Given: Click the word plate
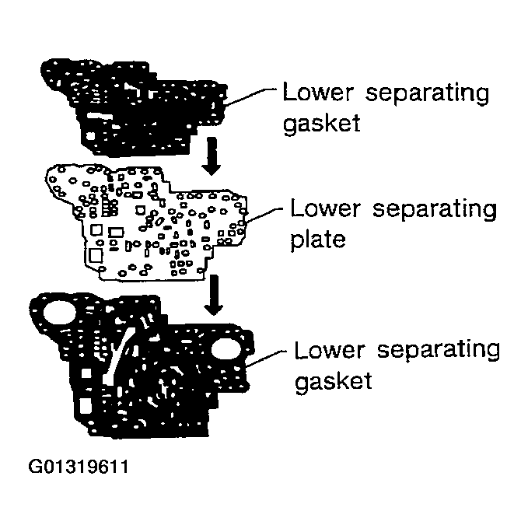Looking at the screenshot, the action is click(x=316, y=239).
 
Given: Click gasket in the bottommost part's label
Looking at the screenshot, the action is click(x=334, y=381).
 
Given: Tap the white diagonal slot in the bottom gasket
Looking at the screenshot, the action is click(x=117, y=359).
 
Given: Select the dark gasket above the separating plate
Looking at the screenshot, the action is click(x=132, y=101).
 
